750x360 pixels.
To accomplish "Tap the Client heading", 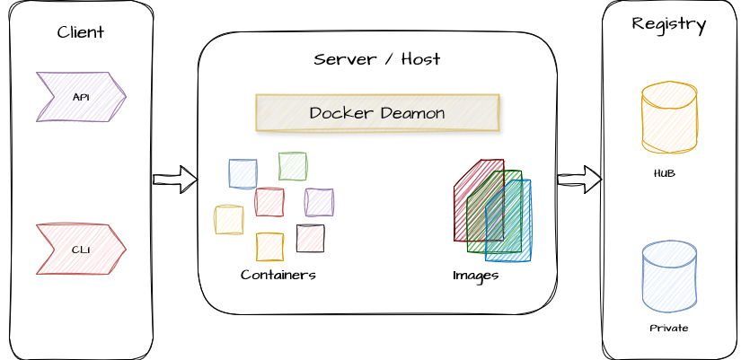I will click(x=81, y=32).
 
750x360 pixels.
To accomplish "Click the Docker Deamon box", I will click(x=377, y=113).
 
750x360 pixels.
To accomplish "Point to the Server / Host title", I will click(x=377, y=59).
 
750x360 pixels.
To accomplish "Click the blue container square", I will click(x=243, y=173).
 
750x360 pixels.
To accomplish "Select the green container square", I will click(x=293, y=166).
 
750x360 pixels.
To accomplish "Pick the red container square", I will click(x=269, y=202).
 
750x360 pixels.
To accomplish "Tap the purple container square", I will click(x=319, y=202).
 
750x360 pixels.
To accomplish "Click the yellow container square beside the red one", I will click(x=229, y=220).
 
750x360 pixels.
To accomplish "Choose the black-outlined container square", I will click(x=310, y=238).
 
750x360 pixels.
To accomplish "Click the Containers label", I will click(x=278, y=275).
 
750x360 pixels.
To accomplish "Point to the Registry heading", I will click(x=669, y=24).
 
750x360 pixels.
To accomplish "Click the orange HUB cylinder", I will click(x=669, y=117).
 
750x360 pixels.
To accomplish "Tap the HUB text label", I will click(x=665, y=173).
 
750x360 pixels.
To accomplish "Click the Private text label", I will click(x=669, y=328).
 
